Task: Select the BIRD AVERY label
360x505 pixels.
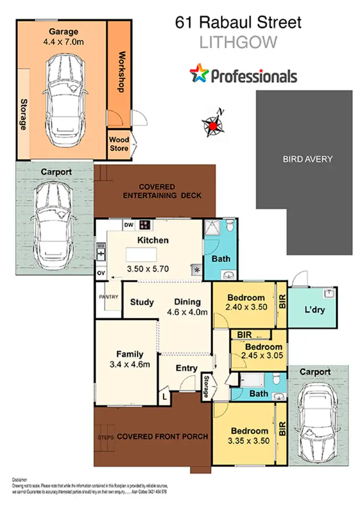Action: pos(307,159)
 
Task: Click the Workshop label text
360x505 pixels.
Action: pos(121,72)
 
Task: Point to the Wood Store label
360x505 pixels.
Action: pos(119,144)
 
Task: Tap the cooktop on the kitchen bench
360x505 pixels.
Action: pos(144,224)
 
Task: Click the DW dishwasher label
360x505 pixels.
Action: pos(129,224)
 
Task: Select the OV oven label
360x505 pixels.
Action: pos(101,273)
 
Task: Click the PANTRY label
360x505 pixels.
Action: pos(108,297)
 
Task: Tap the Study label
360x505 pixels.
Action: pos(142,302)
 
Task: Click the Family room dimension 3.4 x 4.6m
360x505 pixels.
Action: pos(130,364)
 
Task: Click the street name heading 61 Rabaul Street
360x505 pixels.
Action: pos(238,22)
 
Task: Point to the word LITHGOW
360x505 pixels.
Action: pos(238,42)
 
